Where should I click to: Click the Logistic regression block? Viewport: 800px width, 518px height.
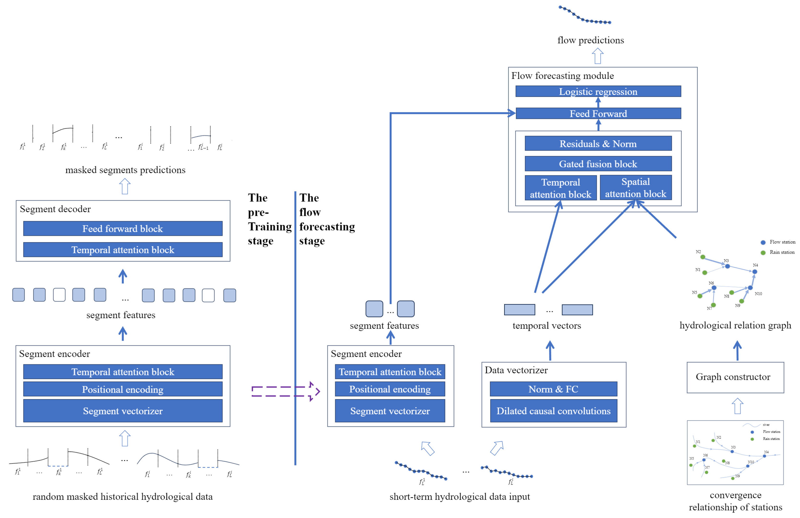tap(598, 91)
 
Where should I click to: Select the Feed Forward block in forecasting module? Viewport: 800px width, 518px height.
tap(598, 114)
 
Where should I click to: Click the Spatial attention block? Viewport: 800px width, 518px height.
tap(635, 188)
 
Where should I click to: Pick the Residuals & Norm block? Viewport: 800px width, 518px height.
tap(598, 144)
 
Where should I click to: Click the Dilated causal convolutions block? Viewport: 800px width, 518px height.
tap(553, 411)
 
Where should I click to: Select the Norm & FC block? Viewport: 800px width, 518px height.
tap(553, 389)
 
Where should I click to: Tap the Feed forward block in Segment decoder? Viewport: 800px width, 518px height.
tap(123, 229)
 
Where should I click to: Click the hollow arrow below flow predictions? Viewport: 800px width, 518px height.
tap(597, 56)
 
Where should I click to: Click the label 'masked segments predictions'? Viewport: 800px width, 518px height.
tap(125, 170)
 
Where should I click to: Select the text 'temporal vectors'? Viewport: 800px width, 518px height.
tap(547, 325)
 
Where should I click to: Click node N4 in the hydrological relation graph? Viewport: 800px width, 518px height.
tap(755, 271)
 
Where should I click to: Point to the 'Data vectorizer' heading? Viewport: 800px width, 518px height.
tap(516, 370)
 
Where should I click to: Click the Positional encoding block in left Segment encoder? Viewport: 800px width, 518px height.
tap(123, 389)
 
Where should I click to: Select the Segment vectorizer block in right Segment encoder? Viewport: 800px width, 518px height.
tap(390, 411)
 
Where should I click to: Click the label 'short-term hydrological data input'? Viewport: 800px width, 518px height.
tap(459, 496)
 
